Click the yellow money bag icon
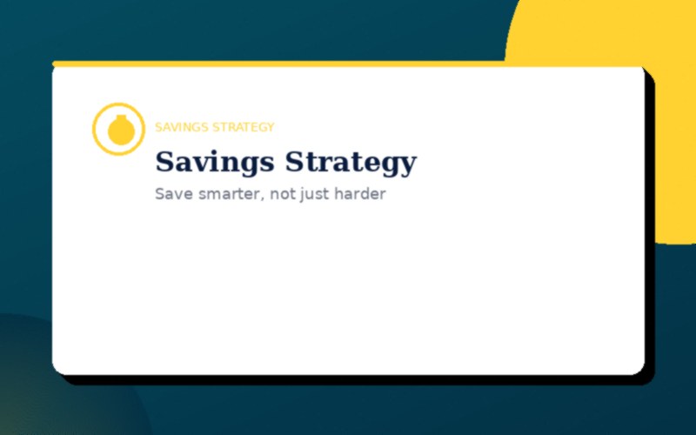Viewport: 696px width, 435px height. click(x=118, y=130)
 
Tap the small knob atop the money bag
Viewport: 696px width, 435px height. click(x=118, y=117)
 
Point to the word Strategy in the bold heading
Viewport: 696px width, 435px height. click(x=351, y=163)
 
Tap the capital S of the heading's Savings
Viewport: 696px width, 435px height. click(x=164, y=162)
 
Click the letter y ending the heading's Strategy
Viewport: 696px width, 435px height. click(x=409, y=165)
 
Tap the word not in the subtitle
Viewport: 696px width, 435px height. click(x=281, y=194)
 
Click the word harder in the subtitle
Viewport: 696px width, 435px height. click(x=359, y=194)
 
